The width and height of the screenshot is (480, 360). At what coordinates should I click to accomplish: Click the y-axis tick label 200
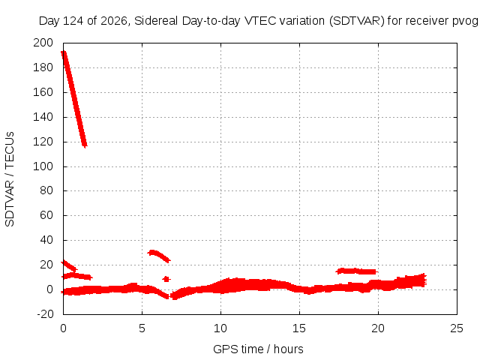click(43, 43)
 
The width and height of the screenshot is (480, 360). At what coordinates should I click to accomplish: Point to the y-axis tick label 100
click(43, 166)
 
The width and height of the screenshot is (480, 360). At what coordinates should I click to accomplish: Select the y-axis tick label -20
click(45, 314)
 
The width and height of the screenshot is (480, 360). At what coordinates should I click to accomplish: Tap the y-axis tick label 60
click(46, 215)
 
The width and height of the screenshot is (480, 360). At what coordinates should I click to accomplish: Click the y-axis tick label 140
click(43, 117)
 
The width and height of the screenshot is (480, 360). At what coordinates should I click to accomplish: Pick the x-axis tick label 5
click(142, 328)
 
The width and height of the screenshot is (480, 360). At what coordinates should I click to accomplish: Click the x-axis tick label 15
click(299, 328)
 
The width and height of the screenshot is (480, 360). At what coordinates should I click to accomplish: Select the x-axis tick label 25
click(457, 328)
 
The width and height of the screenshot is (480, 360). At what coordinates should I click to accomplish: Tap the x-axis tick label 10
click(220, 328)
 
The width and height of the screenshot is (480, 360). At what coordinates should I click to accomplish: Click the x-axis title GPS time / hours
click(258, 349)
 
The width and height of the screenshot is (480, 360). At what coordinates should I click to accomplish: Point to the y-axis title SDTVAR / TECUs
click(10, 179)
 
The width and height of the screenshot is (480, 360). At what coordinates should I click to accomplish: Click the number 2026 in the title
click(114, 21)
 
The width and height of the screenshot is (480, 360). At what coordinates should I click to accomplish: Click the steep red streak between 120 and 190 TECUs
click(74, 100)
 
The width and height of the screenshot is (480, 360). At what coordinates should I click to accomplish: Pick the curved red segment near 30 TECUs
click(159, 256)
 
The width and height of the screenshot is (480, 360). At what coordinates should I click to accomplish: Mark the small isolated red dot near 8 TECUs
click(166, 279)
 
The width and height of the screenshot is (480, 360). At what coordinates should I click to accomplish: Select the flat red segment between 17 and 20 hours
click(357, 271)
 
